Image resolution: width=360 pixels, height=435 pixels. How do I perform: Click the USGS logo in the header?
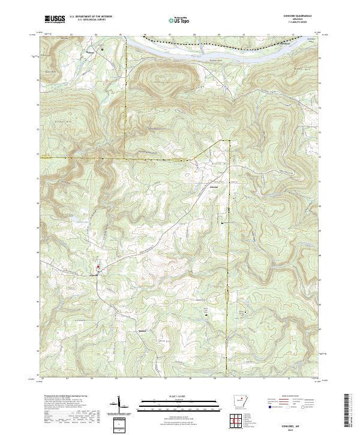click(x=55, y=19)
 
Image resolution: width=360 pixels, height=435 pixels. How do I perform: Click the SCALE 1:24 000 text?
click(x=179, y=396)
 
